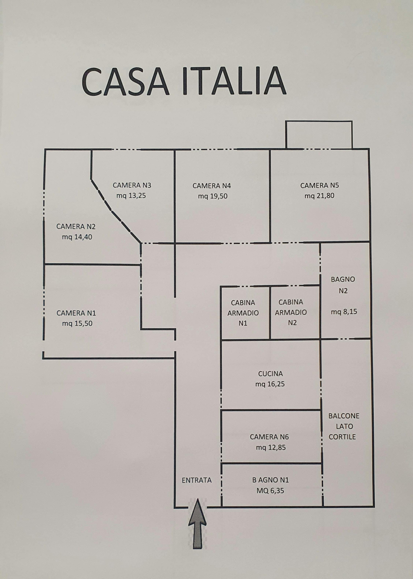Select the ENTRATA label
(x=197, y=480)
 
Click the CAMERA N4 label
(x=212, y=186)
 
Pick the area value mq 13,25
(x=131, y=196)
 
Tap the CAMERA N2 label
(x=76, y=226)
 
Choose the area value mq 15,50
(x=77, y=323)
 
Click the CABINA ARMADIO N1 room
(x=243, y=313)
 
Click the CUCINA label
(x=270, y=374)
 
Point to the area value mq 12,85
(x=271, y=447)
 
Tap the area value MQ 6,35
(x=270, y=491)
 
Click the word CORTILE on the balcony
(x=342, y=437)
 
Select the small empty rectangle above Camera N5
(x=319, y=135)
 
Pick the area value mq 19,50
(x=213, y=196)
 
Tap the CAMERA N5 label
(x=319, y=185)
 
